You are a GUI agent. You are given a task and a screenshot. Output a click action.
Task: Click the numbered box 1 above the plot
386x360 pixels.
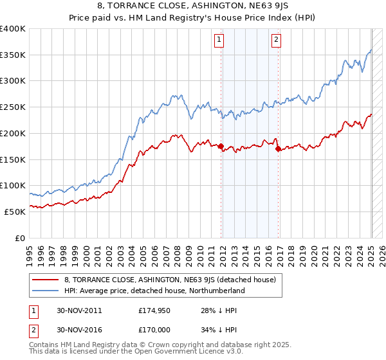click(219, 40)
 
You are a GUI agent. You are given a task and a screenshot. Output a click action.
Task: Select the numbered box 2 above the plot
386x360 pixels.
click(276, 40)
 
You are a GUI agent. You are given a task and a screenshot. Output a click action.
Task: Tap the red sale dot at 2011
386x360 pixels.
click(221, 147)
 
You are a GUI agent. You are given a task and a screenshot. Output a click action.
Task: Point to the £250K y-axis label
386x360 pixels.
click(13, 107)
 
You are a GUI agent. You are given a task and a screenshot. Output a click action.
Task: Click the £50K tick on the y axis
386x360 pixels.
click(15, 211)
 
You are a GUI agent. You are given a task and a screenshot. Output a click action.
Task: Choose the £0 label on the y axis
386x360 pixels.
click(21, 237)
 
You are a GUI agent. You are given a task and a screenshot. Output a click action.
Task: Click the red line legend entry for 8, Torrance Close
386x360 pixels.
click(170, 280)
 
